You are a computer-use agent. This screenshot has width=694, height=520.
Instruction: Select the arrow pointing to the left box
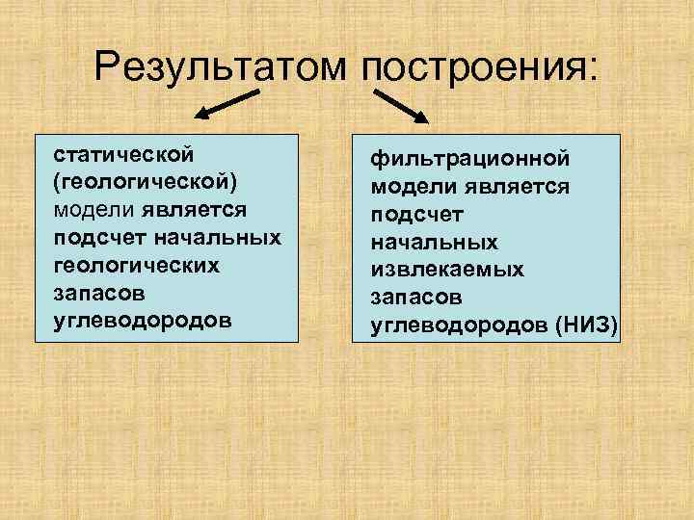[x=228, y=104]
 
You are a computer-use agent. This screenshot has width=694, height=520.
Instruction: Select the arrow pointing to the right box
[x=401, y=105]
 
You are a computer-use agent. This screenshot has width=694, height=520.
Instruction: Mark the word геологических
[x=137, y=264]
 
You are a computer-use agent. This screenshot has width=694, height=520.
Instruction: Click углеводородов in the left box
[x=143, y=319]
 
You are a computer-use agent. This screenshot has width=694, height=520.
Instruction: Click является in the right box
[x=515, y=186]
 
